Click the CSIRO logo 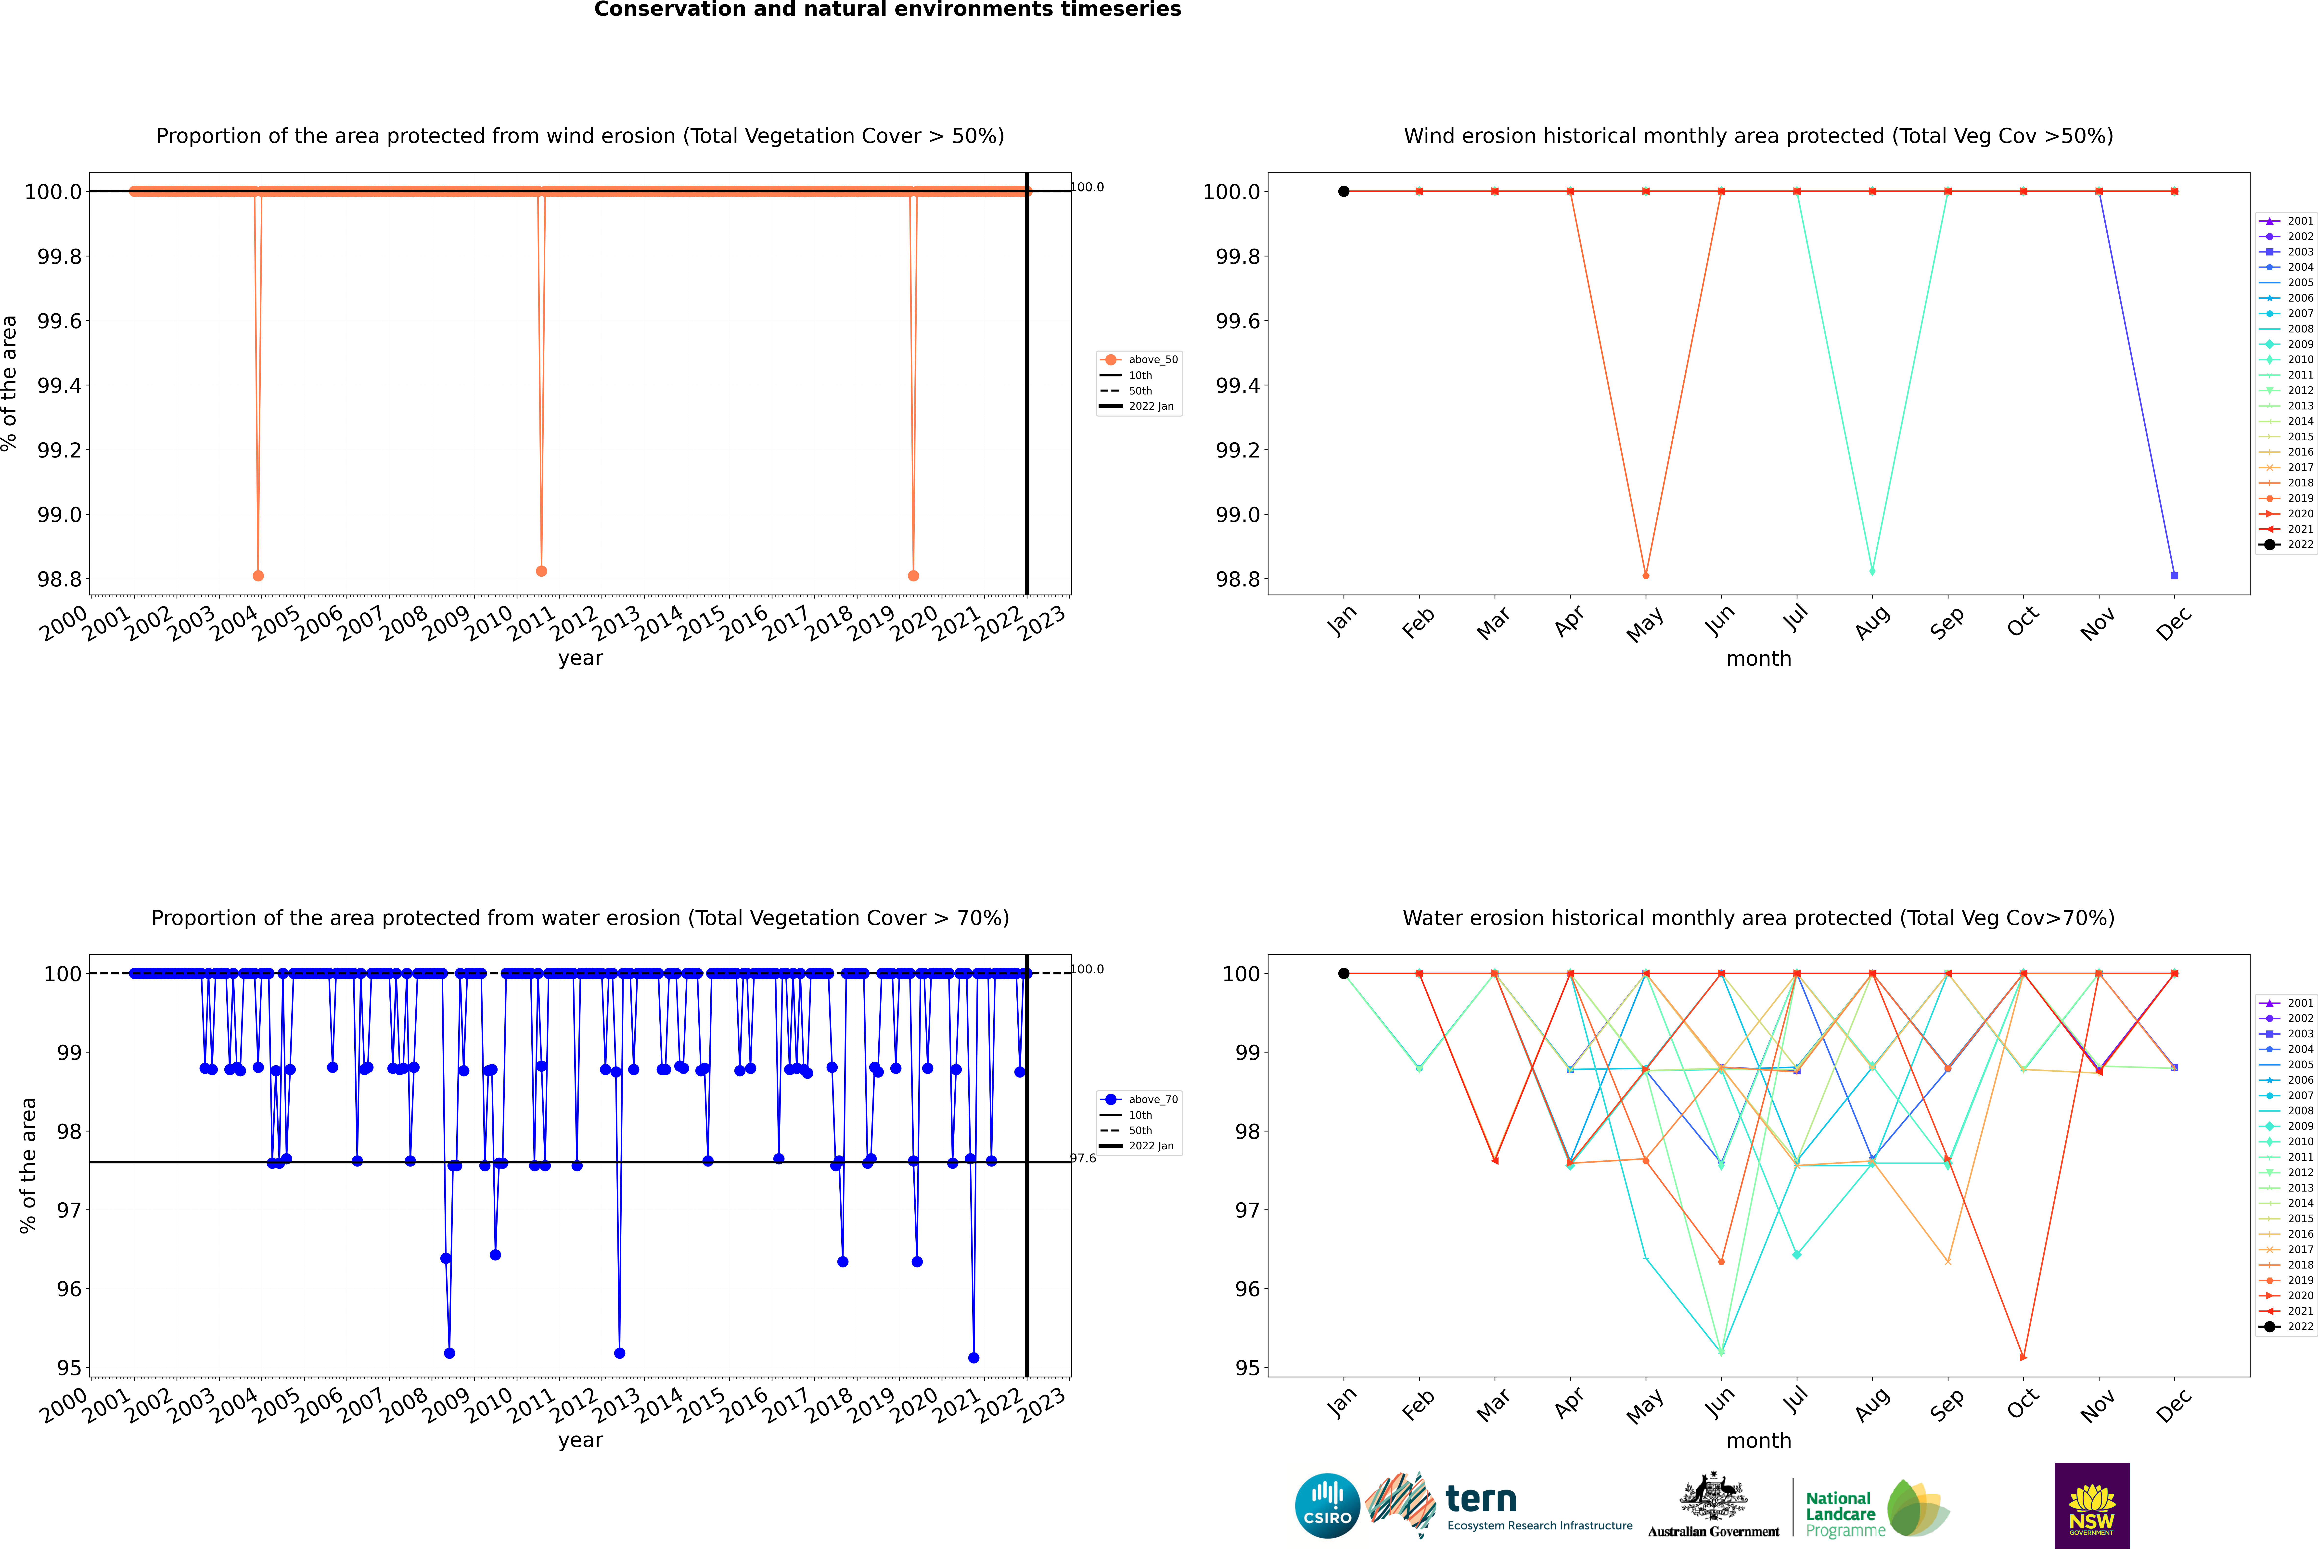pos(1327,1506)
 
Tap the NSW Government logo pos(2092,1506)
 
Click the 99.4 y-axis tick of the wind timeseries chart pos(58,385)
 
